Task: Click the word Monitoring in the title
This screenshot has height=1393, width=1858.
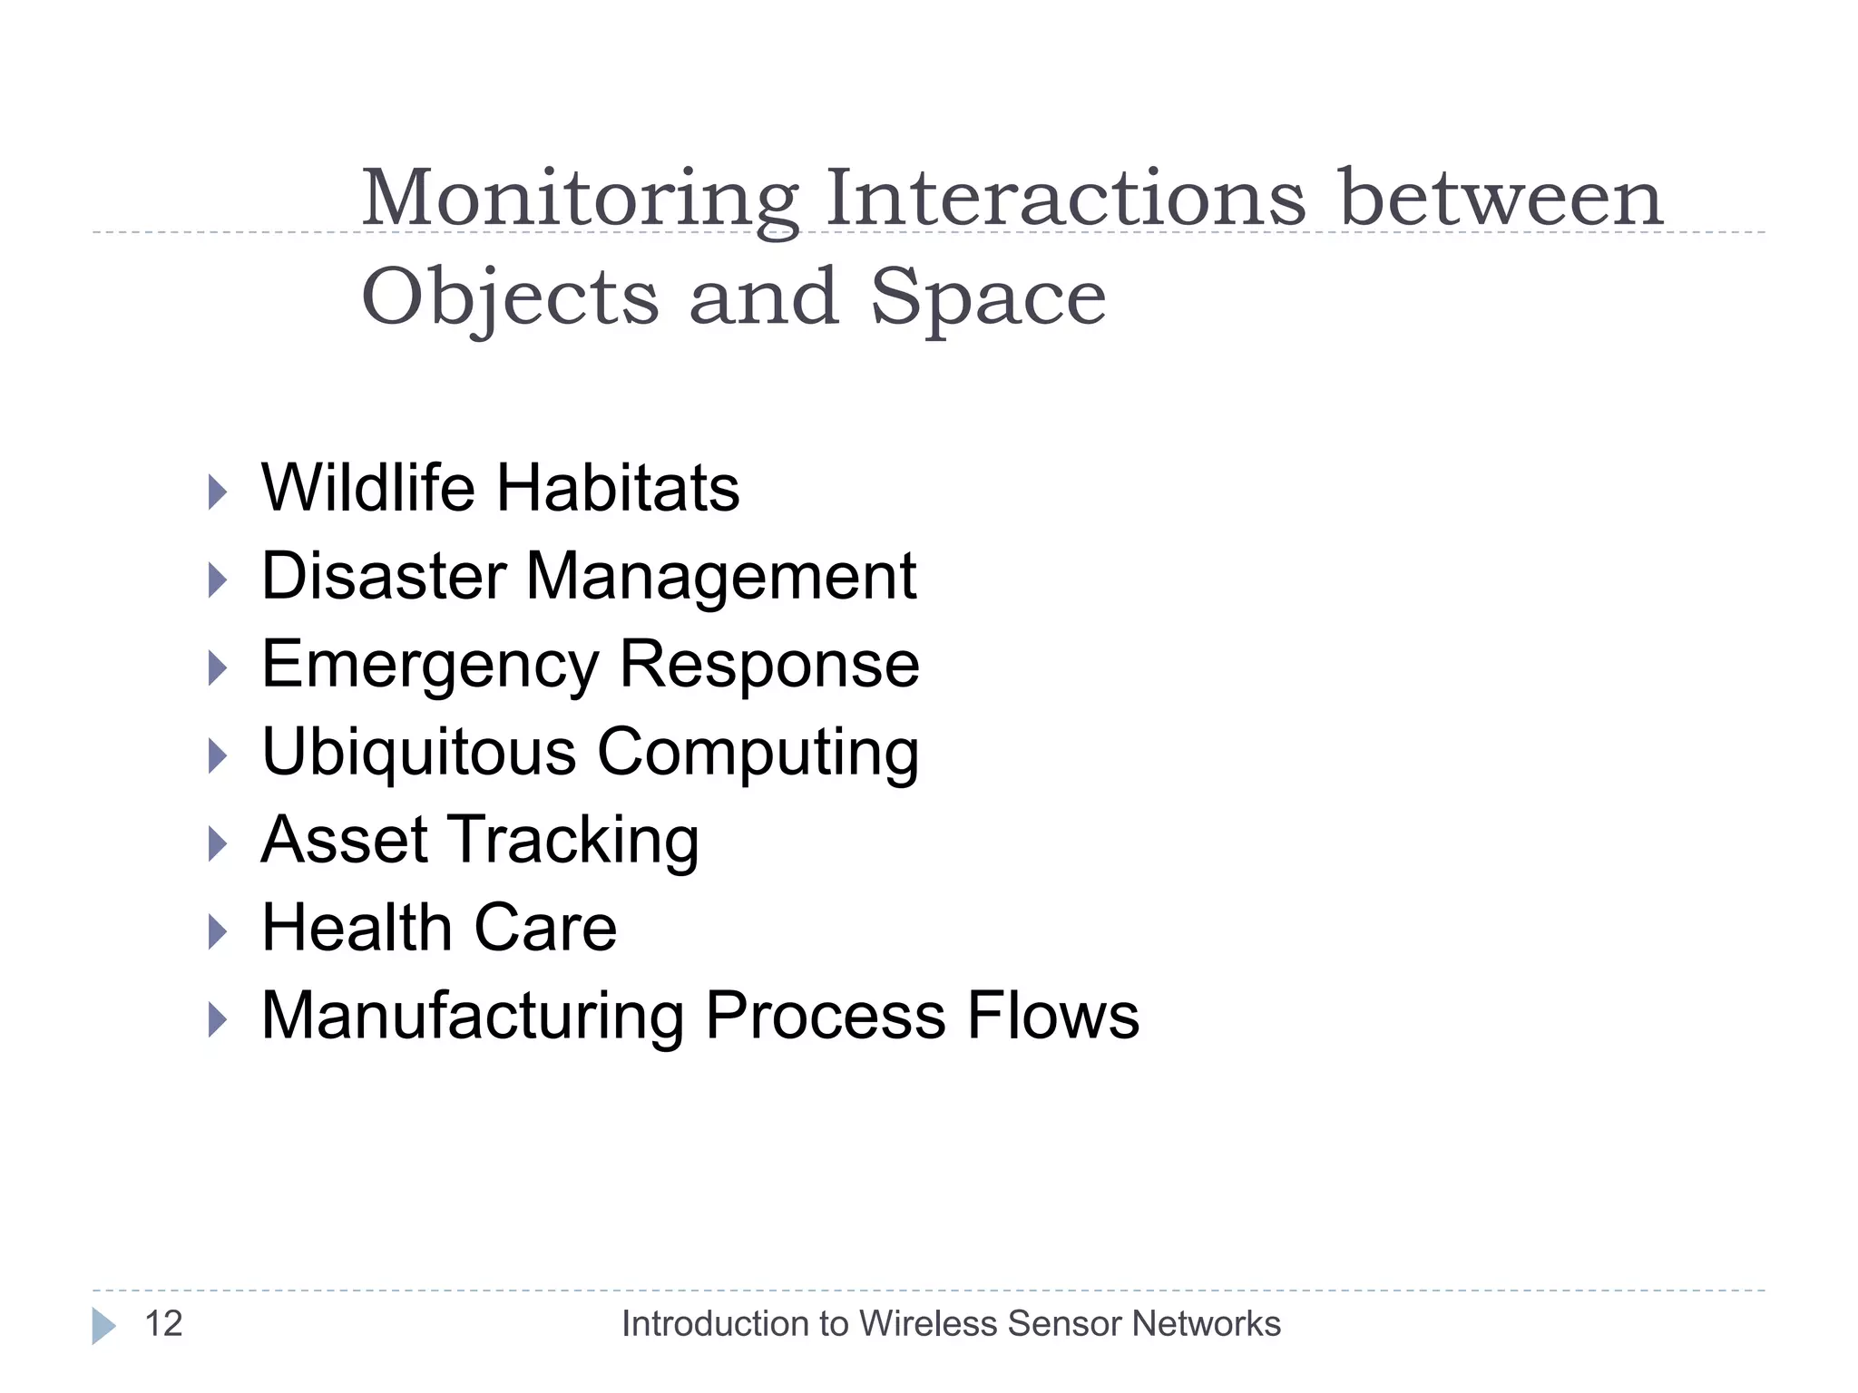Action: [x=581, y=200]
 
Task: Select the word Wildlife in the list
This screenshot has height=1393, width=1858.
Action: [x=368, y=488]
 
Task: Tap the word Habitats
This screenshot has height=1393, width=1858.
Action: [x=618, y=488]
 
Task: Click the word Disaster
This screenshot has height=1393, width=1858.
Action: [x=384, y=576]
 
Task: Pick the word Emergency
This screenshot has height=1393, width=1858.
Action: [x=430, y=665]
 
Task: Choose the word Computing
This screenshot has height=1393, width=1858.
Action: [x=758, y=753]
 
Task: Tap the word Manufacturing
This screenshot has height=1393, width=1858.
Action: [x=473, y=1016]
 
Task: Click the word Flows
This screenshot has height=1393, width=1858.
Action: [x=1052, y=1016]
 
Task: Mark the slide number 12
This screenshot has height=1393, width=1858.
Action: [x=164, y=1324]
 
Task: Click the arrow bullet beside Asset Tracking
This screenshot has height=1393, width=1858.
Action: [x=217, y=844]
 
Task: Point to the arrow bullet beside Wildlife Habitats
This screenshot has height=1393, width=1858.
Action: [x=217, y=492]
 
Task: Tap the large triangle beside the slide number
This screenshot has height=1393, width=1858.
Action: [x=103, y=1326]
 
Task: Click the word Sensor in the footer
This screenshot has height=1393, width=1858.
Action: [x=1063, y=1324]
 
